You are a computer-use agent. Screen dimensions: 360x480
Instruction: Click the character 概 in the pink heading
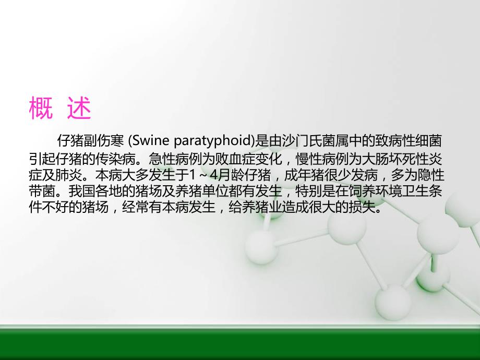[x=41, y=109]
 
